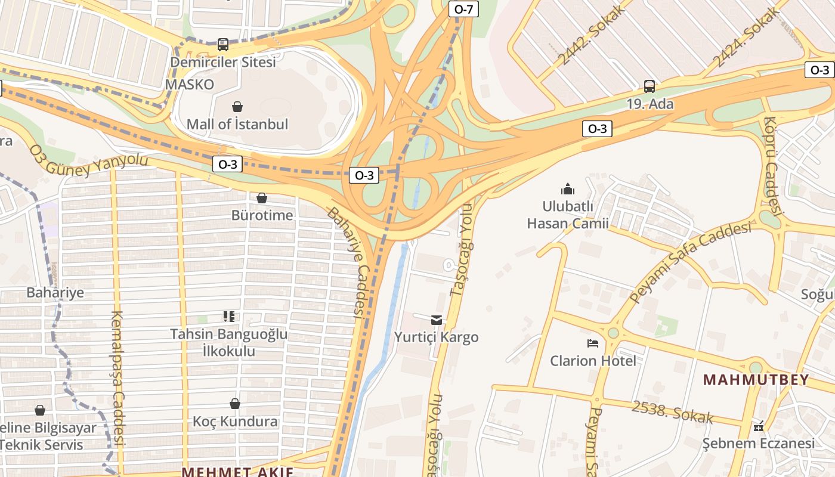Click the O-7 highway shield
463,9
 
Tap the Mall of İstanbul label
237,125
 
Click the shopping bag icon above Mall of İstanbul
237,107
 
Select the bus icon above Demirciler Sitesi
222,44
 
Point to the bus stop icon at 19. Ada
650,86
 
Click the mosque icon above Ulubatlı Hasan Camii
567,189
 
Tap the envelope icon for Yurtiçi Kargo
437,320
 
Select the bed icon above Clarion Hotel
592,343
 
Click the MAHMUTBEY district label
756,380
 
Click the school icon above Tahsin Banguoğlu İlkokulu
229,316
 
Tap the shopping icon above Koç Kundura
235,404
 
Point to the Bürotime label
262,215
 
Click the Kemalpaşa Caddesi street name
117,378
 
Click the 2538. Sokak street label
672,412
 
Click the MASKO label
189,85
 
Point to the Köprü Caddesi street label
774,165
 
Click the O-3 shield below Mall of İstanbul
227,165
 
